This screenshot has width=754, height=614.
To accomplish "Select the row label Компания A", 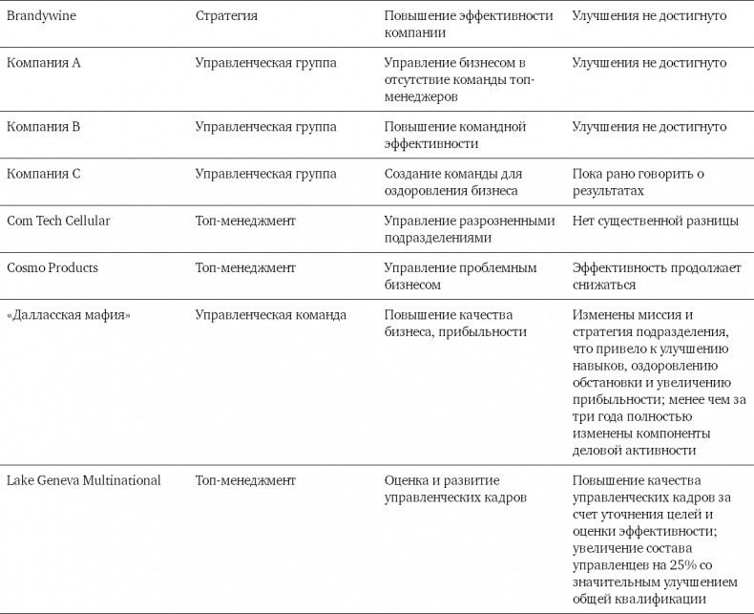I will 44,63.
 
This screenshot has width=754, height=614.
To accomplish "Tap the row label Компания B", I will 44,126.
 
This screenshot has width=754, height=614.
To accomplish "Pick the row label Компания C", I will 44,174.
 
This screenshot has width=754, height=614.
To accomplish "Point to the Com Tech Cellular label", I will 58,221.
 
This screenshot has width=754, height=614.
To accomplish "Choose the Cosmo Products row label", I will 52,267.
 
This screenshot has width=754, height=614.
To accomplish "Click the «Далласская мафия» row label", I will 68,314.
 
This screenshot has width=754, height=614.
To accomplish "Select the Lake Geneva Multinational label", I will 84,479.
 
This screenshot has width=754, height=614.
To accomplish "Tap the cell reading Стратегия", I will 226,16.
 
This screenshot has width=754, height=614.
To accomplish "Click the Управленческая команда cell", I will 270,314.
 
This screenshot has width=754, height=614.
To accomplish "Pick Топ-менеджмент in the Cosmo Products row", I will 245,267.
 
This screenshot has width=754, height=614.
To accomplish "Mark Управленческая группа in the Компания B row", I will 265,126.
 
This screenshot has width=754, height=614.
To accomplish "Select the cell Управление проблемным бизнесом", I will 460,276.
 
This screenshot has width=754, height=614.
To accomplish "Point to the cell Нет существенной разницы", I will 655,221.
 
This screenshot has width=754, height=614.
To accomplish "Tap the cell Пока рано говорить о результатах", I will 638,181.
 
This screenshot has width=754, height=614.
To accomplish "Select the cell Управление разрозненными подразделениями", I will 469,229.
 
